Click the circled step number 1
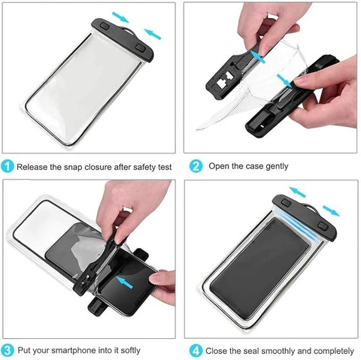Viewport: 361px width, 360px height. click(8, 166)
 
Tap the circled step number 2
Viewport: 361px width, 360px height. click(196, 166)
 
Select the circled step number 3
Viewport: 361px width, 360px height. click(8, 350)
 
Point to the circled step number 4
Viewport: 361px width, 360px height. click(196, 350)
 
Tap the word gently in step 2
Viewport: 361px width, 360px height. click(277, 167)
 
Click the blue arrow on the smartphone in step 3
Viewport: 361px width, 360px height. click(125, 282)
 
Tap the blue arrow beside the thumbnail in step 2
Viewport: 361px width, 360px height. click(257, 57)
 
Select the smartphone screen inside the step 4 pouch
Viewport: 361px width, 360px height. click(259, 268)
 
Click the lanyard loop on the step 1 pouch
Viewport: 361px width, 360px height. click(129, 31)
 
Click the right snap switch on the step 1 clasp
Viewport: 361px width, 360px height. click(141, 47)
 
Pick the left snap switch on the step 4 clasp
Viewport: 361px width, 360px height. click(286, 202)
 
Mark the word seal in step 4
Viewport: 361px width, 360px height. click(252, 351)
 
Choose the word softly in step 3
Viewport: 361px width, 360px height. click(130, 351)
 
